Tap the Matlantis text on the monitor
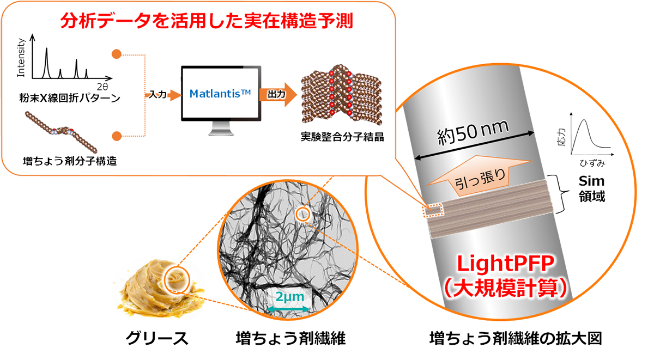(220, 94)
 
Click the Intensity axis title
(21, 57)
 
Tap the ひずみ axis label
(591, 163)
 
